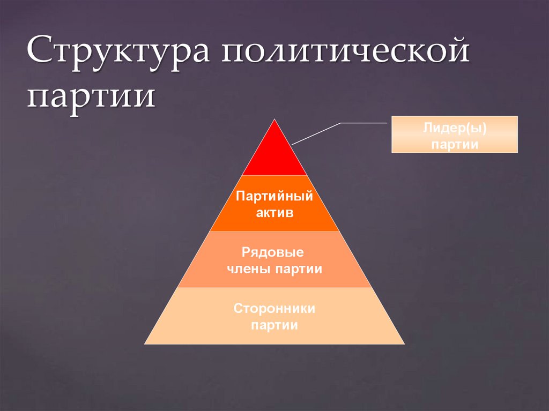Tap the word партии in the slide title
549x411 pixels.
tap(92, 97)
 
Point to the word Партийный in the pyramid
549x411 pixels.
tap(274, 196)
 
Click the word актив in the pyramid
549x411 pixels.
tap(274, 213)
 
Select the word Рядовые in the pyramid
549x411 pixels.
tap(273, 252)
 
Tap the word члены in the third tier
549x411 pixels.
tap(249, 269)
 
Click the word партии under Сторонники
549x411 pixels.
tap(274, 325)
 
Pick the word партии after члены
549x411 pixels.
tap(299, 269)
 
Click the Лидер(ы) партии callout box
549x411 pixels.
tap(455, 134)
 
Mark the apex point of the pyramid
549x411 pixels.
tap(274, 119)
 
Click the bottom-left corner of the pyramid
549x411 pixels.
tap(145, 343)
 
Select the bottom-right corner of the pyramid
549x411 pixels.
tap(404, 343)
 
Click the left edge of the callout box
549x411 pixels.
tap(392, 134)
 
